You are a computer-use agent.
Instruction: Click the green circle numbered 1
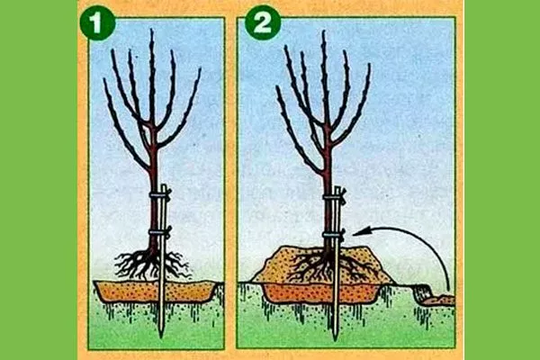click(x=97, y=23)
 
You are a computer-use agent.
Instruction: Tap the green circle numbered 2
click(x=263, y=23)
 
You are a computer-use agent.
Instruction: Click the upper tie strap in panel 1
click(x=160, y=195)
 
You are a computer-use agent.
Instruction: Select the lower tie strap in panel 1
click(x=160, y=232)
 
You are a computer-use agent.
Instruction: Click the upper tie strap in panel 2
click(x=334, y=198)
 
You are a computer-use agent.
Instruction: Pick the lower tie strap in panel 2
click(x=334, y=235)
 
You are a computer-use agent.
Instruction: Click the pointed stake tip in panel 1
click(x=161, y=337)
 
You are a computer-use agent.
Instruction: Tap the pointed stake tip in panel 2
click(x=336, y=339)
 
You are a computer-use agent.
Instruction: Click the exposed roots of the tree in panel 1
click(x=151, y=265)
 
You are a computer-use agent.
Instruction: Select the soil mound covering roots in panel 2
click(x=322, y=265)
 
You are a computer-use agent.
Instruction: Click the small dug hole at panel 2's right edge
click(x=435, y=296)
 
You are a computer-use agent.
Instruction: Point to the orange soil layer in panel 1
click(x=155, y=292)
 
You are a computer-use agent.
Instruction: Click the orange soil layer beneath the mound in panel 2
click(x=320, y=293)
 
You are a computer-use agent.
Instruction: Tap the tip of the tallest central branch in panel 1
click(x=151, y=30)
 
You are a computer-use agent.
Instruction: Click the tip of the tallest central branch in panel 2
click(x=323, y=31)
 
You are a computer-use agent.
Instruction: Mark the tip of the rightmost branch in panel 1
click(x=200, y=69)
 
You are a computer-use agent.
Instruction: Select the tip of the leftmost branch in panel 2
click(x=277, y=87)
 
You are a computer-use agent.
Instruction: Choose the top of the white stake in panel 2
click(x=337, y=188)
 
